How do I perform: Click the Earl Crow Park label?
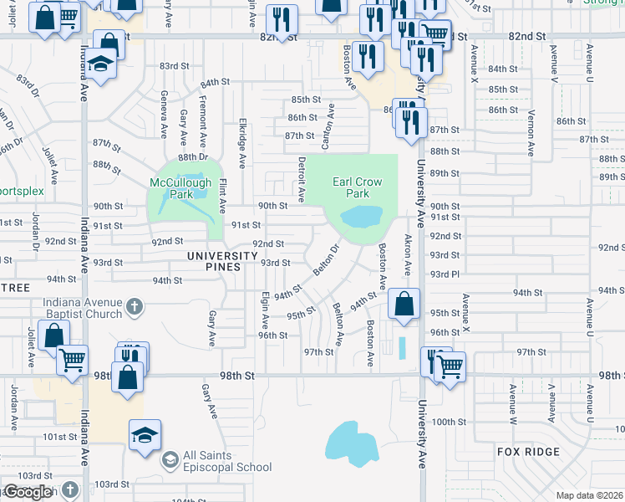[357, 187]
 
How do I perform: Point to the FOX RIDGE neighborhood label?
[527, 451]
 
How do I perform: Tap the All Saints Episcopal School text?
[228, 461]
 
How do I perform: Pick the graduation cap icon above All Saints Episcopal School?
[145, 436]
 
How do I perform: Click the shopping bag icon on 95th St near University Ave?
[404, 305]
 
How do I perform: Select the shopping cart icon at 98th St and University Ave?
[450, 365]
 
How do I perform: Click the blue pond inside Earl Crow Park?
[360, 218]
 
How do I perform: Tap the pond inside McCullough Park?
[197, 194]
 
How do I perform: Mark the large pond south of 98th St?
[352, 441]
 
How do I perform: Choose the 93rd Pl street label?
[445, 274]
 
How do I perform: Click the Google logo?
[28, 492]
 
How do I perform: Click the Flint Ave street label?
[222, 194]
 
